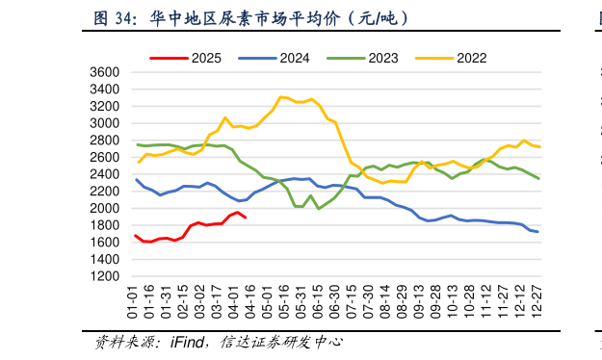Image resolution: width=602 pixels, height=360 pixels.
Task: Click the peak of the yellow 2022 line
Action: click(280, 96)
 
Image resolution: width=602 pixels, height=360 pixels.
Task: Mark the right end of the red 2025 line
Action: click(246, 218)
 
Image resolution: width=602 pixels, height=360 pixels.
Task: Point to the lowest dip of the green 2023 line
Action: click(319, 208)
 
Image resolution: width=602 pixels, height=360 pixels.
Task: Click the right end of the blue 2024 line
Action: click(537, 232)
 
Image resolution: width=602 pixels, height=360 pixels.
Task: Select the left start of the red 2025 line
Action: click(136, 235)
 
